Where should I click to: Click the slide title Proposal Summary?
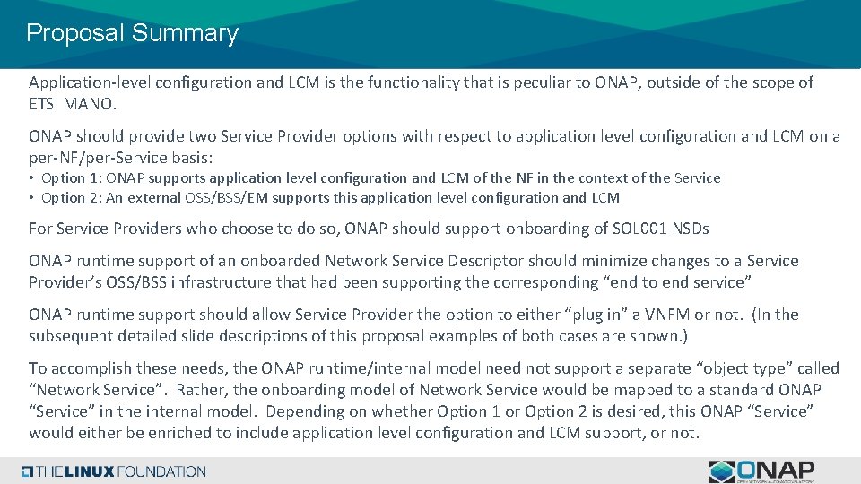[132, 34]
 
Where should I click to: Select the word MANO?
[90, 104]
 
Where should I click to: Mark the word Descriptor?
[485, 261]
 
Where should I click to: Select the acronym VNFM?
[687, 315]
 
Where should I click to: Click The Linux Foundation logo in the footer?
[114, 471]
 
